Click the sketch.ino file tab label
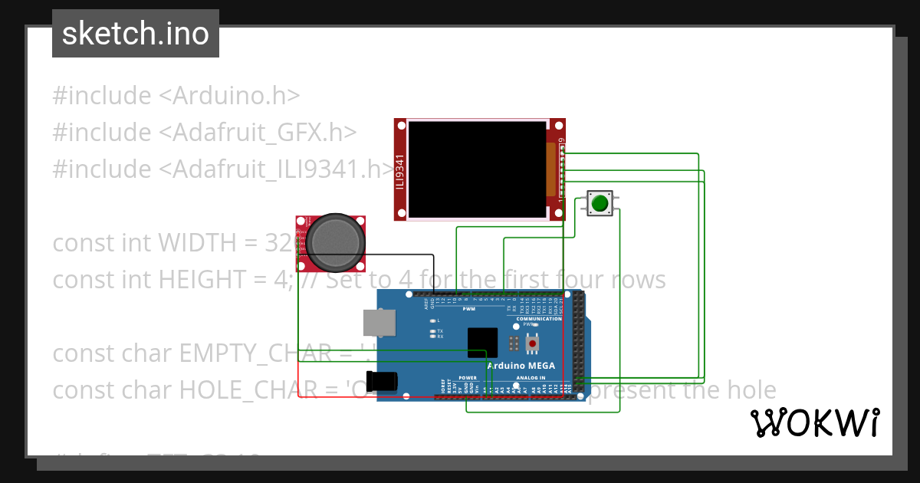[136, 34]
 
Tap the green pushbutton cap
[600, 203]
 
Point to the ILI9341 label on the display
[399, 176]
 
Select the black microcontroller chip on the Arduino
[483, 341]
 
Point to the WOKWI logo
[814, 422]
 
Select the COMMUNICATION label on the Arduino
[539, 319]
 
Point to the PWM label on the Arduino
[468, 309]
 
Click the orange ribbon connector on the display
[550, 169]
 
